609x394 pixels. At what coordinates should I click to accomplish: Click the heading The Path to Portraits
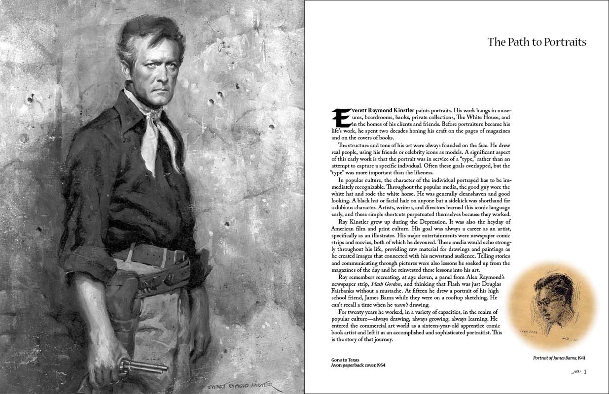tap(537, 42)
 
